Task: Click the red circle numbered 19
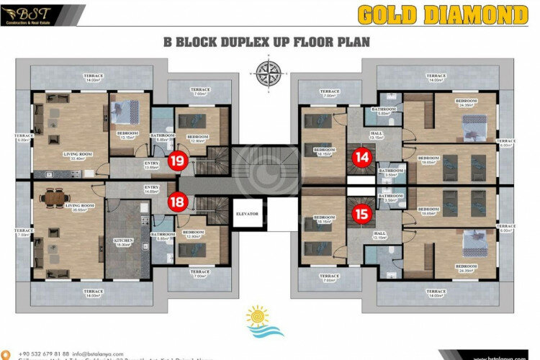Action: [x=175, y=161]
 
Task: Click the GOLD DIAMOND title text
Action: [x=442, y=15]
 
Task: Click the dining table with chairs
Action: [x=54, y=196]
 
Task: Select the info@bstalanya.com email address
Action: [x=99, y=354]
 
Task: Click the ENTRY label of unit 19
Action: [x=151, y=164]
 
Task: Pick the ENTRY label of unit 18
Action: [x=151, y=189]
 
